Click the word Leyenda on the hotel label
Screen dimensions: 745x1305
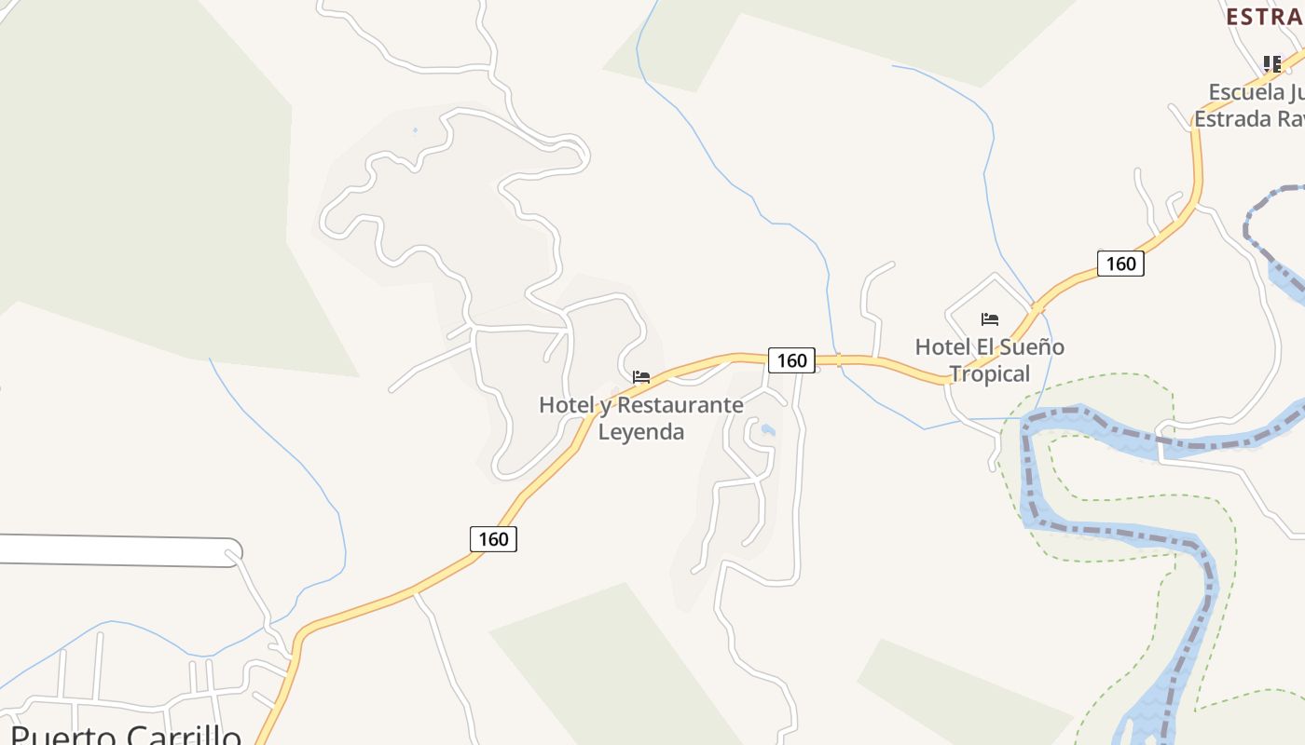pyautogui.click(x=640, y=431)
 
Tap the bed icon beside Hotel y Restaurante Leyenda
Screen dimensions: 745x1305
pyautogui.click(x=641, y=377)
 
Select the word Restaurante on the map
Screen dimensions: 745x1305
pyautogui.click(x=680, y=405)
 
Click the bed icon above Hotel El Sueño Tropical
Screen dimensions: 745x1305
pyautogui.click(x=990, y=319)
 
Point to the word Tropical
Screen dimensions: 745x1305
pyautogui.click(x=989, y=373)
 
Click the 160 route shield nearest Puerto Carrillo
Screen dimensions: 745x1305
pyautogui.click(x=493, y=538)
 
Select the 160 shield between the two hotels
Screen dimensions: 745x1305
pyautogui.click(x=791, y=359)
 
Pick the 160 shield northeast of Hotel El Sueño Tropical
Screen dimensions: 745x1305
pyautogui.click(x=1120, y=264)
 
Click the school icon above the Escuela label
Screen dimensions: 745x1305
pyautogui.click(x=1272, y=63)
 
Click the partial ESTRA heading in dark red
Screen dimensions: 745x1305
pyautogui.click(x=1264, y=17)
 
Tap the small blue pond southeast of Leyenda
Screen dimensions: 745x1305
pyautogui.click(x=767, y=429)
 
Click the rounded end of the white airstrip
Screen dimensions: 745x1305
pyautogui.click(x=231, y=552)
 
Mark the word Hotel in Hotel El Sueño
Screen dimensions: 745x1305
pyautogui.click(x=941, y=346)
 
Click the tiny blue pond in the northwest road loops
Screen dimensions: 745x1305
pyautogui.click(x=415, y=129)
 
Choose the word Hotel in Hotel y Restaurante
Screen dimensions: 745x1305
pyautogui.click(x=566, y=405)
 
